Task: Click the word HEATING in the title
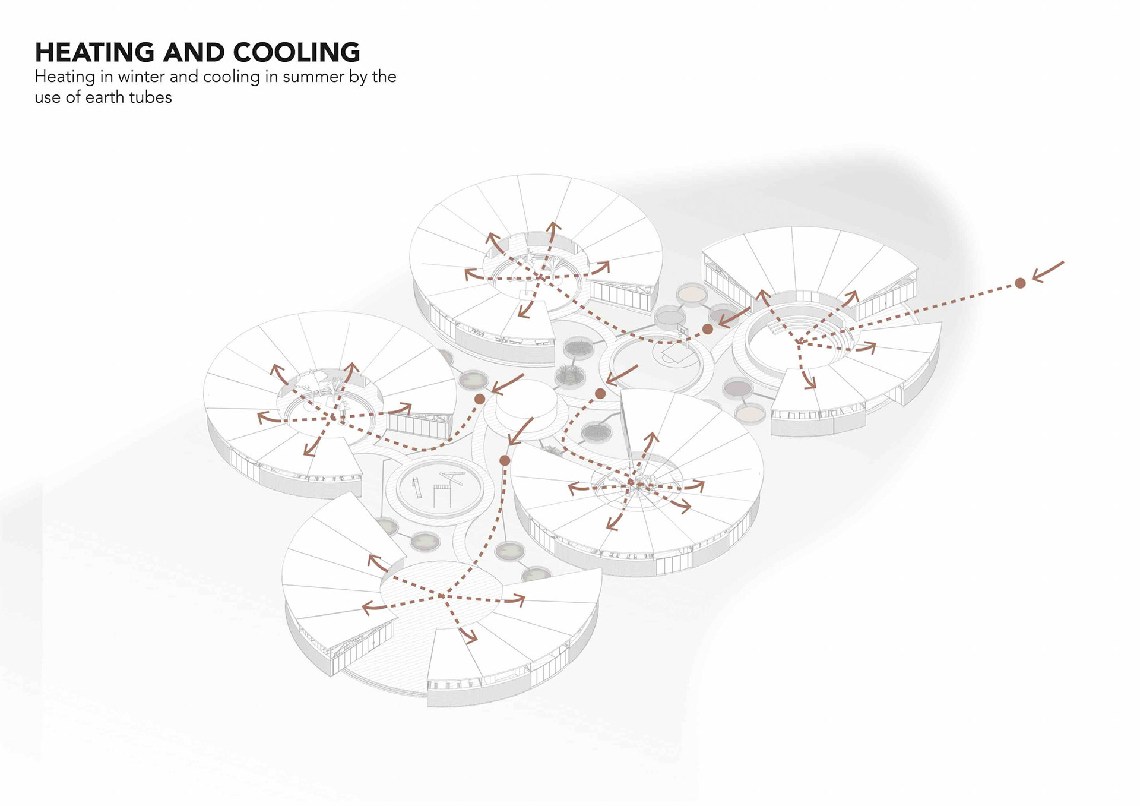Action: pyautogui.click(x=94, y=52)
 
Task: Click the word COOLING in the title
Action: pyautogui.click(x=296, y=52)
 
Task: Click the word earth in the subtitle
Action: pyautogui.click(x=104, y=97)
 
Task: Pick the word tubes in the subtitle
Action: pyautogui.click(x=150, y=97)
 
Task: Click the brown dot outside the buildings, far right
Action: pyautogui.click(x=1020, y=283)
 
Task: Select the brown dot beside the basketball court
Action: pyautogui.click(x=707, y=329)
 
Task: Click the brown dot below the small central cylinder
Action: pyautogui.click(x=505, y=460)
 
